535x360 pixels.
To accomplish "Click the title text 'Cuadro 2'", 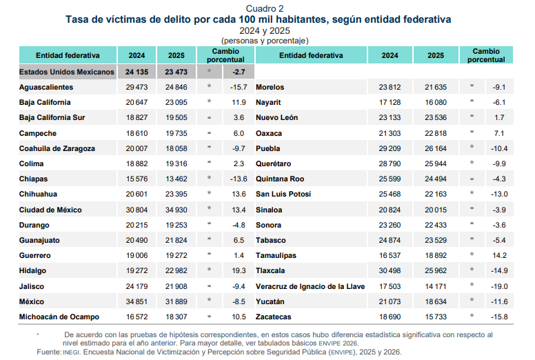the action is tap(265, 8).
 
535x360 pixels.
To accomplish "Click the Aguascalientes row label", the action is tap(46, 87).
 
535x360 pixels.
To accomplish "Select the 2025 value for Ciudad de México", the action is tap(176, 210).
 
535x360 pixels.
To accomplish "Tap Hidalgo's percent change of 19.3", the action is tap(239, 270).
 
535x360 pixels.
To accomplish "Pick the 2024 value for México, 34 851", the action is tap(137, 301).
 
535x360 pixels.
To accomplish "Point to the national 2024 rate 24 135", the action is tap(137, 72).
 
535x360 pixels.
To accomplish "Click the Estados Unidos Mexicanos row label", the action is tap(67, 72).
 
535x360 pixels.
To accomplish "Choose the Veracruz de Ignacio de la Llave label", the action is tap(310, 286).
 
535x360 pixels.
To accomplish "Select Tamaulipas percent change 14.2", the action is tap(500, 255).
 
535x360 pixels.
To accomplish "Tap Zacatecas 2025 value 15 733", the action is tap(436, 317).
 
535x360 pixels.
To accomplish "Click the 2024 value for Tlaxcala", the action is tap(390, 270).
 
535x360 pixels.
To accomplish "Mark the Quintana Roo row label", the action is tap(280, 179).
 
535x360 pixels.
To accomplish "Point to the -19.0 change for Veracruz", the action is tap(499, 286).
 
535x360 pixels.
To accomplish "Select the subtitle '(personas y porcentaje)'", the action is tap(265, 41).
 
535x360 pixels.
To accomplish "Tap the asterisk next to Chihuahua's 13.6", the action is tap(209, 193).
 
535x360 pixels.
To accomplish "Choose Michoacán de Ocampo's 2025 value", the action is tap(176, 317).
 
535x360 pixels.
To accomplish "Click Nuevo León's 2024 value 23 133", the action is tap(390, 117).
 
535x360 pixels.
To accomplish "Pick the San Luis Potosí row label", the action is tap(283, 194).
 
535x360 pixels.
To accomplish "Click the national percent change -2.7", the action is tap(239, 72).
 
